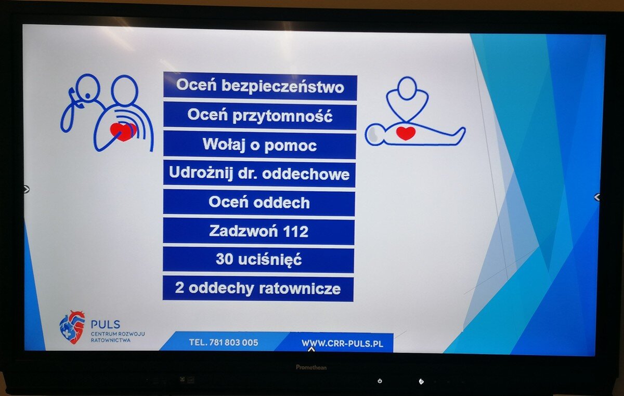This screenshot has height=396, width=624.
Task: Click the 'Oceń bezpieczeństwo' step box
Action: click(x=260, y=86)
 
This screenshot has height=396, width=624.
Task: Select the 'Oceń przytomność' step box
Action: click(x=260, y=115)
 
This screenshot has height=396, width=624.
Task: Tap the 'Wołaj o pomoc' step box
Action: click(x=259, y=144)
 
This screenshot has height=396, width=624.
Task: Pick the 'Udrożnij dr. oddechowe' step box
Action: click(x=259, y=174)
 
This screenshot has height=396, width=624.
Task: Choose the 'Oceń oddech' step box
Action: click(x=259, y=203)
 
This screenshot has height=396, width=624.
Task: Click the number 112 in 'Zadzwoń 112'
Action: click(x=295, y=231)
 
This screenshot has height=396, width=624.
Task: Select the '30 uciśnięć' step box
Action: click(x=258, y=259)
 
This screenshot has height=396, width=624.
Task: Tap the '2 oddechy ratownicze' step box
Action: click(x=258, y=288)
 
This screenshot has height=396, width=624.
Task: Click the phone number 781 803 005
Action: click(x=233, y=342)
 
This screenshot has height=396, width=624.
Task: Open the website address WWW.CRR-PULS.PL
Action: click(x=342, y=343)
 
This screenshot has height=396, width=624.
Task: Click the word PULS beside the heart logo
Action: click(x=106, y=324)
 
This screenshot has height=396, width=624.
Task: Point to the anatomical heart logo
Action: click(x=72, y=327)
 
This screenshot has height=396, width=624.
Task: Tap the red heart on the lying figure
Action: click(x=406, y=133)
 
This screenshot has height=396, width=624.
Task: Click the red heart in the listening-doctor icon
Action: click(x=123, y=131)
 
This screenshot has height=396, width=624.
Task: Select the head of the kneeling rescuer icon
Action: click(x=407, y=88)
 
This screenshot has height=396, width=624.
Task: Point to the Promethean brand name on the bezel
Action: click(x=311, y=367)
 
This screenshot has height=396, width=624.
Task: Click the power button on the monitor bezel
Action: click(x=380, y=381)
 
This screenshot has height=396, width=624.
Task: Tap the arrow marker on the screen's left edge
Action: click(x=27, y=189)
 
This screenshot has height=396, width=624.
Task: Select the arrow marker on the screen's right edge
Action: click(x=597, y=197)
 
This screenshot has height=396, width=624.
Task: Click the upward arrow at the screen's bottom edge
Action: click(x=311, y=349)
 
